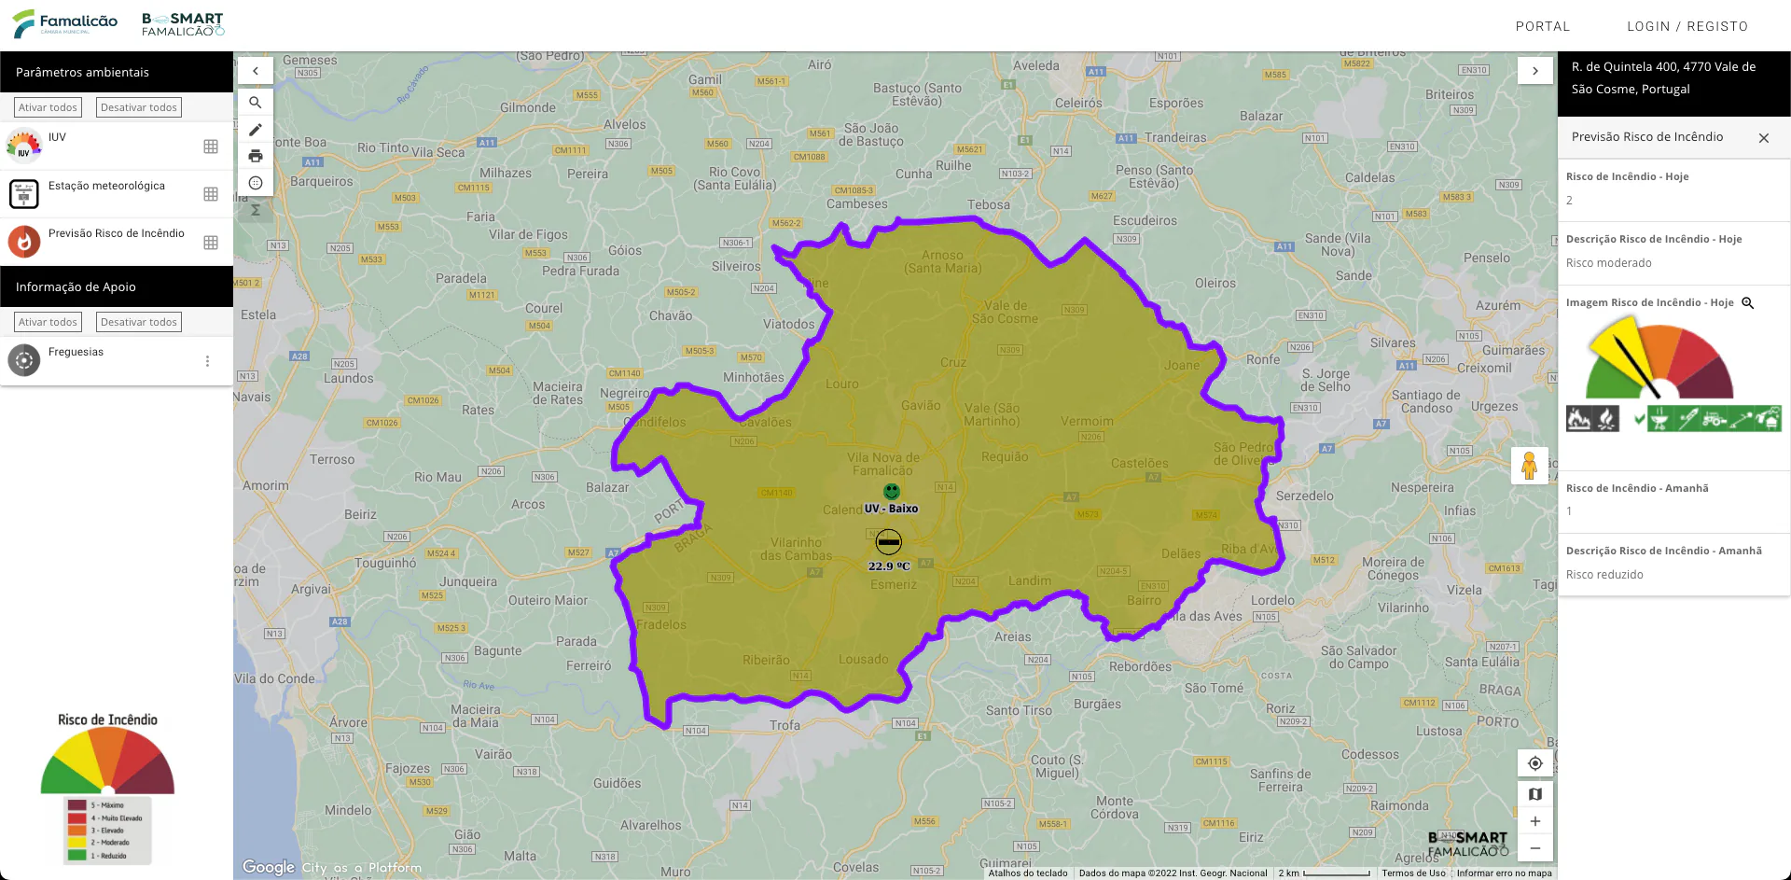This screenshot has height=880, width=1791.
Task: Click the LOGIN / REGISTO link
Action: pyautogui.click(x=1687, y=26)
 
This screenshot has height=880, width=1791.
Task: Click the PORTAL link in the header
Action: pyautogui.click(x=1542, y=26)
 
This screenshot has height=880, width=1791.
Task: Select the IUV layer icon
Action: pyautogui.click(x=24, y=146)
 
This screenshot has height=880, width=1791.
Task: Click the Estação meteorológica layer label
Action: pyautogui.click(x=106, y=186)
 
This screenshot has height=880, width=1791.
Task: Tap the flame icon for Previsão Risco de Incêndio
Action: pyautogui.click(x=24, y=242)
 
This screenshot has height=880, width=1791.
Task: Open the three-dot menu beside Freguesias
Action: pyautogui.click(x=207, y=361)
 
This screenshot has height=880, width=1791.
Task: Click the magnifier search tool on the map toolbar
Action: pyautogui.click(x=256, y=103)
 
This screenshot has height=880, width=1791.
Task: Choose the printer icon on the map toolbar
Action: pyautogui.click(x=256, y=156)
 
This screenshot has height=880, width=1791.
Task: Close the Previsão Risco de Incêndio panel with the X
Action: pyautogui.click(x=1763, y=138)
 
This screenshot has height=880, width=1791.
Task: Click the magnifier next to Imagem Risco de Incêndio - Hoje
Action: pyautogui.click(x=1747, y=303)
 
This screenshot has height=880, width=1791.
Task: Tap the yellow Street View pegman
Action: pyautogui.click(x=1529, y=465)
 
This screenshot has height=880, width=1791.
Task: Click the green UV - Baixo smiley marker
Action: pyautogui.click(x=892, y=491)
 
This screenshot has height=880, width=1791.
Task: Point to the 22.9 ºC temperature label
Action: pyautogui.click(x=888, y=566)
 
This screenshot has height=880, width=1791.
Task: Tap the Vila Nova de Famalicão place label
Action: pyautogui.click(x=882, y=464)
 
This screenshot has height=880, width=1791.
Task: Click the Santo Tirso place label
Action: pyautogui.click(x=1019, y=710)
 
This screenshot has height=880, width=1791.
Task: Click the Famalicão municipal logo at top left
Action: pyautogui.click(x=65, y=23)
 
